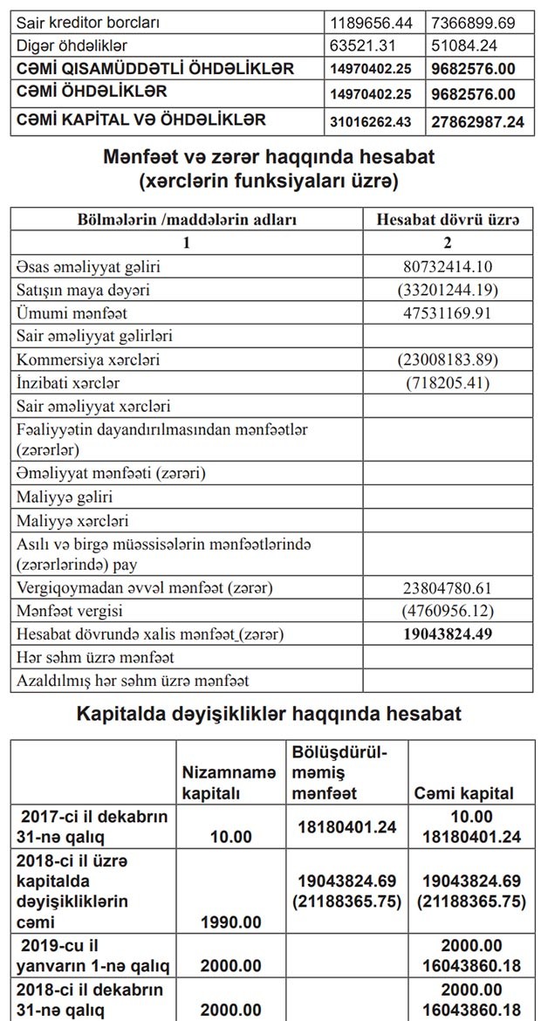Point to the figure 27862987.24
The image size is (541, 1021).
tap(478, 121)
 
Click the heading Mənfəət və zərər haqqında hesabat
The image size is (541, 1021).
tap(270, 158)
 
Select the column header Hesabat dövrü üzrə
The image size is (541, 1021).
tap(448, 220)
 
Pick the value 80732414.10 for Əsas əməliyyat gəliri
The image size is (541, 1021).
tap(448, 264)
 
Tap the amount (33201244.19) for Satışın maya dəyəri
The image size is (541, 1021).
tap(448, 288)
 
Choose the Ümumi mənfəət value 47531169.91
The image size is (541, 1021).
tap(448, 312)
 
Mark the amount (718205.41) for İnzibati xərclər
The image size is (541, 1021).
tap(448, 382)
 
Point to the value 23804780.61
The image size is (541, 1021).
tap(448, 588)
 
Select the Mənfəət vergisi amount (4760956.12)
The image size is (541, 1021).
tap(448, 611)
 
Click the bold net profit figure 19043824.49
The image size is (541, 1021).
tap(448, 634)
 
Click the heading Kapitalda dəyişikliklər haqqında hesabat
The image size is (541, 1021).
tap(270, 714)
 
